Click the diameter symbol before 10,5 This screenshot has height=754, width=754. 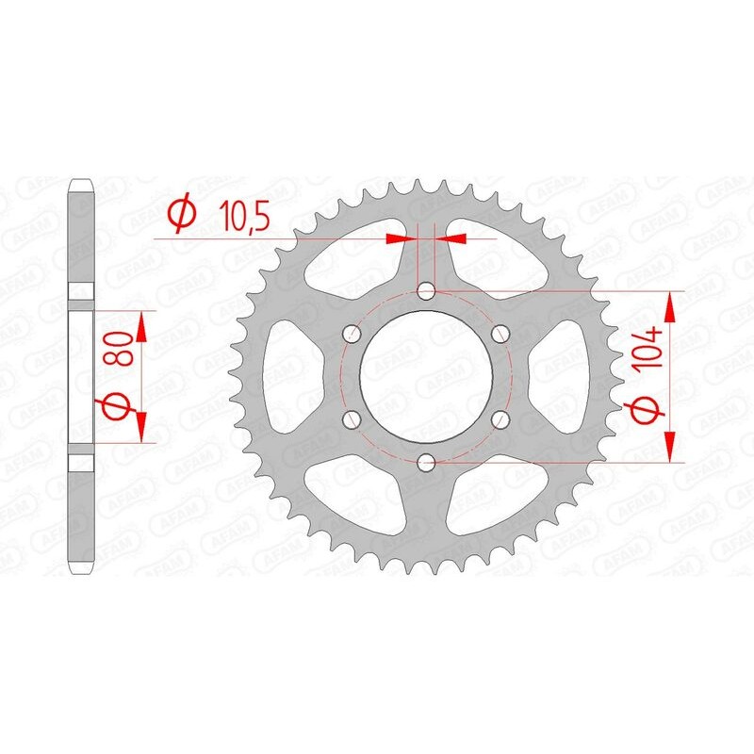[x=180, y=216]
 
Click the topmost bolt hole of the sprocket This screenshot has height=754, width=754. [x=426, y=291]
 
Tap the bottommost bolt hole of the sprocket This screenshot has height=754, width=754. [x=426, y=462]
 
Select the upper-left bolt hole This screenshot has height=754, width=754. [x=352, y=334]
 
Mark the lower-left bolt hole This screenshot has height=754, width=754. [x=352, y=418]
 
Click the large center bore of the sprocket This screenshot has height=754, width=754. [x=426, y=376]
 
